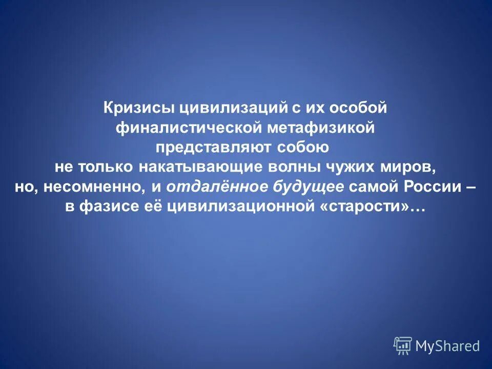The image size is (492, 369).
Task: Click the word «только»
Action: click(108, 167)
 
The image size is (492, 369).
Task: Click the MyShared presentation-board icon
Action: click(403, 346)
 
